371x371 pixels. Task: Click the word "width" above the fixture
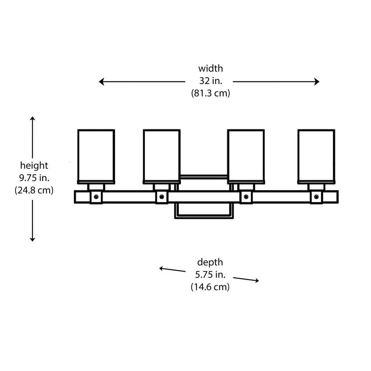click(x=210, y=69)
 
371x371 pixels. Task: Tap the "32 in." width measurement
click(x=210, y=81)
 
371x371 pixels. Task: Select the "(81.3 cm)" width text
click(x=210, y=93)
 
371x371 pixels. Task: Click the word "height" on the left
click(x=34, y=165)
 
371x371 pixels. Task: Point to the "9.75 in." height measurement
click(x=34, y=178)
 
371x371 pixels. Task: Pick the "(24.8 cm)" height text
click(x=34, y=190)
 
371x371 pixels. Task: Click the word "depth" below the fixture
click(x=210, y=262)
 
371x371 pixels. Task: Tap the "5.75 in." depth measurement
click(x=210, y=275)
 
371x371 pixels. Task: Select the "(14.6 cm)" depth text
click(x=210, y=287)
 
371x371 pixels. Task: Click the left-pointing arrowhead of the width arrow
click(x=101, y=82)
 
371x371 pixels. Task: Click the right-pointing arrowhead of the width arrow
click(x=317, y=82)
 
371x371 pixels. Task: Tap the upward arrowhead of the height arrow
click(x=33, y=119)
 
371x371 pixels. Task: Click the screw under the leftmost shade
click(x=96, y=197)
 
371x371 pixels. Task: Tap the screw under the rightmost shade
click(x=316, y=197)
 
